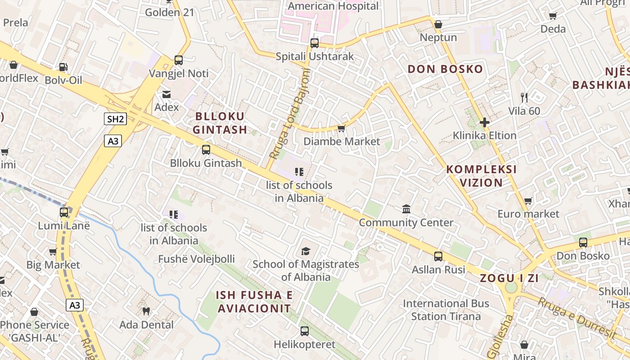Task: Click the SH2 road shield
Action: pos(115,119)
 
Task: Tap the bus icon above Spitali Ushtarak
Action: pos(315,43)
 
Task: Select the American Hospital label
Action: pos(333,6)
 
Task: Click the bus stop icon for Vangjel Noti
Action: pos(179,60)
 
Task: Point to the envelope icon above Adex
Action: pos(166,94)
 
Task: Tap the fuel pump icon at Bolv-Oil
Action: pos(63,67)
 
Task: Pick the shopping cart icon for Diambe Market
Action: pos(342,129)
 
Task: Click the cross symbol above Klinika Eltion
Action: pos(485,122)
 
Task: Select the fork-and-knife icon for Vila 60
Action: pos(524,97)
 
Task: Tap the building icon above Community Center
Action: pos(406,209)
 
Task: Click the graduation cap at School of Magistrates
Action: pos(306,251)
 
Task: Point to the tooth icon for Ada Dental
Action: pos(146,311)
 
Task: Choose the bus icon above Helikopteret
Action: pos(305,331)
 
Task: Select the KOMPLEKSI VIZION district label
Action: pos(481,176)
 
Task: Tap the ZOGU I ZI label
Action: pos(509,278)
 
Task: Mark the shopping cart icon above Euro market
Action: pos(528,201)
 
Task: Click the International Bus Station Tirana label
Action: pos(445,310)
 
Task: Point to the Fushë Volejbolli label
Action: pos(196,259)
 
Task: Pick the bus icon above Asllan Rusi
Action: pos(438,256)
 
